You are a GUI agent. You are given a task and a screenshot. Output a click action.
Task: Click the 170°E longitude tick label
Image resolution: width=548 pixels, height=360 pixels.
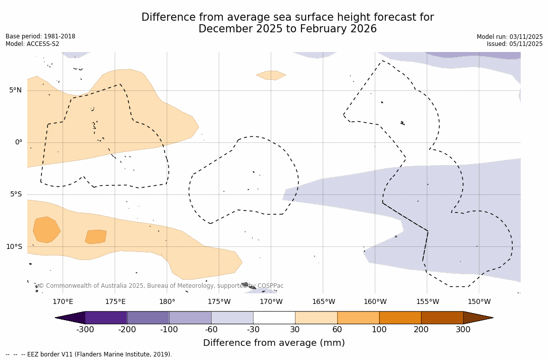coord(63,302)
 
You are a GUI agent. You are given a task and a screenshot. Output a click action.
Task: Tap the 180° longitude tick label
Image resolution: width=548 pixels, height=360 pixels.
coord(167,302)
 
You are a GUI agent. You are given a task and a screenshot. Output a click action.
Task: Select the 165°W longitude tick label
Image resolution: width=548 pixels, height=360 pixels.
coord(323,302)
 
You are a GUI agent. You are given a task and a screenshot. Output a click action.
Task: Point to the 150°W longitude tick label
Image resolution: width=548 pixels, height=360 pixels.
coord(479,302)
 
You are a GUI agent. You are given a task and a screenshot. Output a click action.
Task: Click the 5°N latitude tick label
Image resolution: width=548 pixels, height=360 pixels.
coord(15,90)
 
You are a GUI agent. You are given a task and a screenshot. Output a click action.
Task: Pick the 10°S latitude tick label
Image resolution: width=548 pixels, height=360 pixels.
coord(14,247)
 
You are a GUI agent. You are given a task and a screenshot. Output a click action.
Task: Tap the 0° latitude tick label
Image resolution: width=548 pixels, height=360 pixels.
coord(18,142)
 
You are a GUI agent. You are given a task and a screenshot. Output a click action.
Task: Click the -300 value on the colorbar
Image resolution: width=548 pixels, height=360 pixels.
coord(85,330)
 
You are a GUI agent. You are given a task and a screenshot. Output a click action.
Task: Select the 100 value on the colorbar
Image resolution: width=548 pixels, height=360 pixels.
coord(379,330)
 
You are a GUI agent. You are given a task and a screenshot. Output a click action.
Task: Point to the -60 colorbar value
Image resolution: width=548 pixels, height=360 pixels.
coord(211,330)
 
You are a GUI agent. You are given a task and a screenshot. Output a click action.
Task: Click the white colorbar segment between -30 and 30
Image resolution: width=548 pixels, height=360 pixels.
coord(274,318)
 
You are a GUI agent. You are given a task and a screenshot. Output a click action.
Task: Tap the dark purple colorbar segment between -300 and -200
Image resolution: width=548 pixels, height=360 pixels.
coord(106,318)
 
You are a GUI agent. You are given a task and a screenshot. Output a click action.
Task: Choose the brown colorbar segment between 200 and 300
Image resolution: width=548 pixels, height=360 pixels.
coord(442,318)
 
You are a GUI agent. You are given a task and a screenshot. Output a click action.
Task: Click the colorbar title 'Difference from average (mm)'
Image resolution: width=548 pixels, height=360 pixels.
coord(274,343)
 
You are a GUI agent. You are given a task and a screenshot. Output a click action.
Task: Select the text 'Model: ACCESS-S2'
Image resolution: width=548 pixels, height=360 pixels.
coord(32,44)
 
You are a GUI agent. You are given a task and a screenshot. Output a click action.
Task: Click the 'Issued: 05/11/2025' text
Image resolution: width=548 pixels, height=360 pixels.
coord(515,44)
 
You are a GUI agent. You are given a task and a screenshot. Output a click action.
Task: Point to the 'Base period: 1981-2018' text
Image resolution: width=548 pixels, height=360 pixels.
coord(40,36)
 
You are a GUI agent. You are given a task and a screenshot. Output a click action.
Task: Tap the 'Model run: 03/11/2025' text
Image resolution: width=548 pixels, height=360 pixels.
coord(510,37)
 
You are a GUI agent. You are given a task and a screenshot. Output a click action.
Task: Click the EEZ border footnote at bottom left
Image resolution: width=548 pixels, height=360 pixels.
coord(89,354)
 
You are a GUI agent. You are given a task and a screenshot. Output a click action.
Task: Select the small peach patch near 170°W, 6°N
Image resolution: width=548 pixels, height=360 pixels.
coord(271,75)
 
